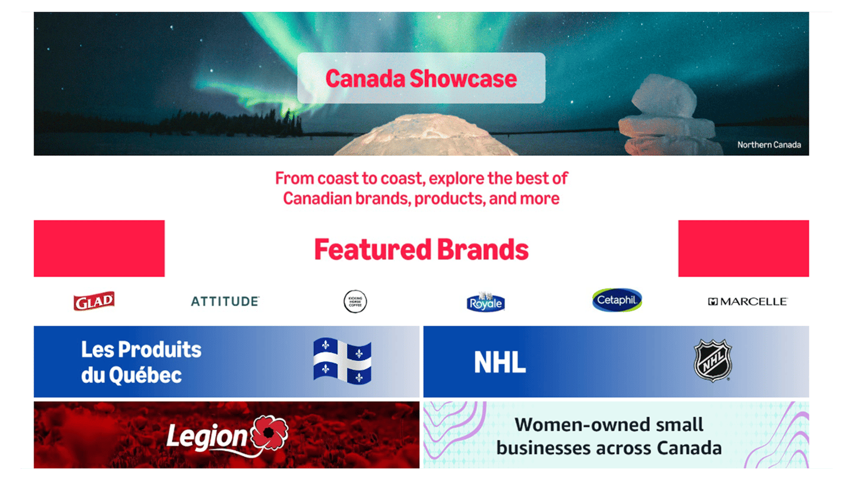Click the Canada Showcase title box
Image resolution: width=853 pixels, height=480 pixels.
pyautogui.click(x=421, y=78)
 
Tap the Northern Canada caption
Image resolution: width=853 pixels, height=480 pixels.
pyautogui.click(x=768, y=145)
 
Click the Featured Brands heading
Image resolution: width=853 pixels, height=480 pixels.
pyautogui.click(x=421, y=249)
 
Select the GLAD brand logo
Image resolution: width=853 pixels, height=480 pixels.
pyautogui.click(x=94, y=301)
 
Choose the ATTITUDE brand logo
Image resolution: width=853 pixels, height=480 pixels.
pyautogui.click(x=225, y=301)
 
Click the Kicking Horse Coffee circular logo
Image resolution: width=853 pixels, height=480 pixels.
pyautogui.click(x=355, y=302)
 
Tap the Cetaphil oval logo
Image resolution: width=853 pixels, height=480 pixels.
pyautogui.click(x=617, y=300)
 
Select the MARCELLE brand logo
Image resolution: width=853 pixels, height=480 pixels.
pyautogui.click(x=748, y=302)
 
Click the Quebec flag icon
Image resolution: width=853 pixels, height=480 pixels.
pyautogui.click(x=342, y=361)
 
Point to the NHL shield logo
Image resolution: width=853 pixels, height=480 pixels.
pyautogui.click(x=713, y=360)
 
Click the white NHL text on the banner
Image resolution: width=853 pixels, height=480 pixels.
pyautogui.click(x=499, y=362)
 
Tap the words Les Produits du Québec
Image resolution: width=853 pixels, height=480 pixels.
pyautogui.click(x=141, y=362)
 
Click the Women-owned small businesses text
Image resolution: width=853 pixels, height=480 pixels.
pyautogui.click(x=609, y=436)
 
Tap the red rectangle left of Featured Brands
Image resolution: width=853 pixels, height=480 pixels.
pyautogui.click(x=99, y=248)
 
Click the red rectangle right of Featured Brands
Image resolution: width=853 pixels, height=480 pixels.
pyautogui.click(x=743, y=248)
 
